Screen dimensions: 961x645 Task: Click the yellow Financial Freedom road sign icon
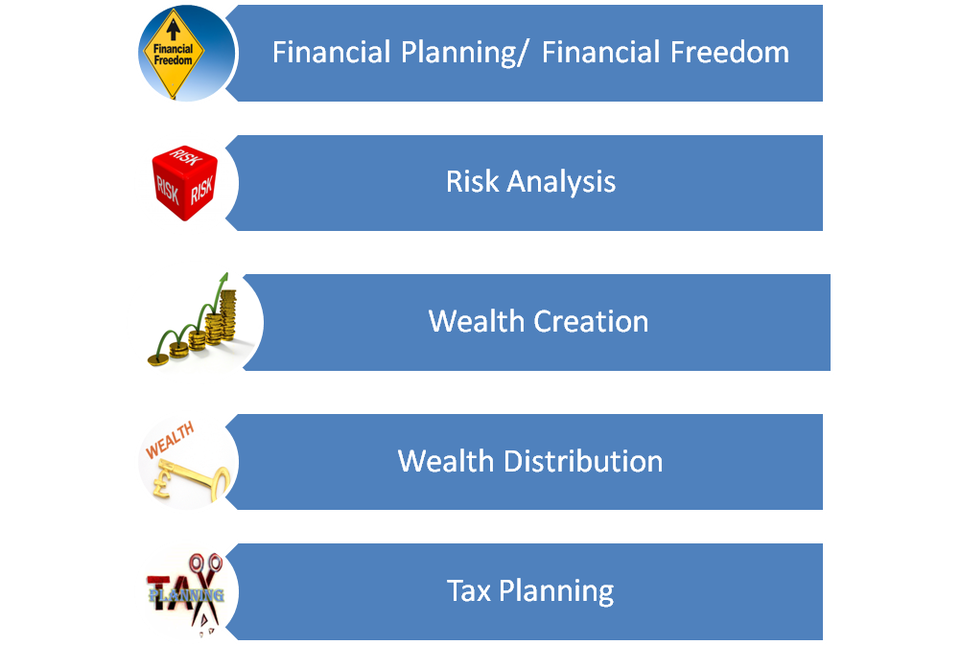tap(174, 54)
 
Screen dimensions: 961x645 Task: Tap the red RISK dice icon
tap(184, 182)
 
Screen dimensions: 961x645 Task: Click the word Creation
tap(591, 322)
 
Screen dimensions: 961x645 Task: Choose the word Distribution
tap(583, 461)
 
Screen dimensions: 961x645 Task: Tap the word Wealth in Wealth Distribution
tap(446, 461)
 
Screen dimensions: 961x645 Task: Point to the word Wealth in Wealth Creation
tap(477, 322)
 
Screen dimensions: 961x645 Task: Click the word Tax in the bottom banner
tap(469, 591)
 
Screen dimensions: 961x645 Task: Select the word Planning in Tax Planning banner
tap(556, 592)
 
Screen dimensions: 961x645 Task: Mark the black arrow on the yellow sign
tap(174, 29)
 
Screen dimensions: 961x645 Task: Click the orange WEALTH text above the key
tap(170, 440)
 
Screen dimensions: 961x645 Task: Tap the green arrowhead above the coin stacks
tap(223, 278)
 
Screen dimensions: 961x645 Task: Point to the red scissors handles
tap(205, 563)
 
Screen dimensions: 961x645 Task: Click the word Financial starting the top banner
tap(331, 52)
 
